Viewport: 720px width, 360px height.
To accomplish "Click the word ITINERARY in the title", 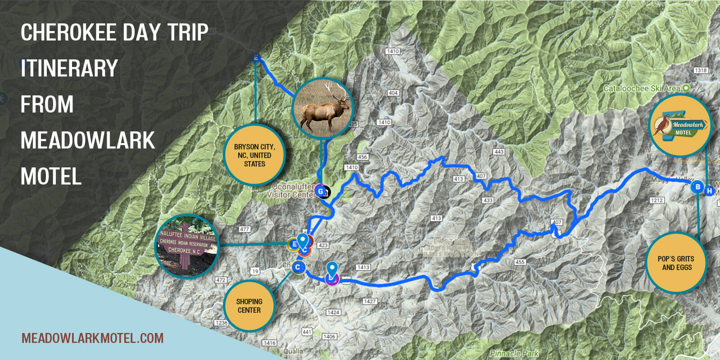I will point(69,68).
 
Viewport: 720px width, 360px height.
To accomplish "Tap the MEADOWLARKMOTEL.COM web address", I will point(92,338).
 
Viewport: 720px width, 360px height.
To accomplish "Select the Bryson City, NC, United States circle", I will point(254,155).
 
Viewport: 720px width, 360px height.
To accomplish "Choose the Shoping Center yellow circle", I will point(249,306).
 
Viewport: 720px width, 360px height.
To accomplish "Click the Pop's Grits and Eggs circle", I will point(675,263).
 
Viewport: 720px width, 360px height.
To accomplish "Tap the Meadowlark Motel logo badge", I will point(680,126).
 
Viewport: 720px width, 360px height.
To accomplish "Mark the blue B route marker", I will point(697,187).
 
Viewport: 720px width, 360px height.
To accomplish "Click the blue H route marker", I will point(710,191).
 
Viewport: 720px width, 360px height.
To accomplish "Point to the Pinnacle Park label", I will point(514,353).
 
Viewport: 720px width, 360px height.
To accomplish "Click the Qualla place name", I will point(293,351).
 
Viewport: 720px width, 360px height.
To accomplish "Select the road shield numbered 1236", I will point(222,323).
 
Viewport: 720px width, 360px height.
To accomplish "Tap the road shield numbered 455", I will point(520,261).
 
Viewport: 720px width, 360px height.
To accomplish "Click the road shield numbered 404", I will point(393,93).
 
